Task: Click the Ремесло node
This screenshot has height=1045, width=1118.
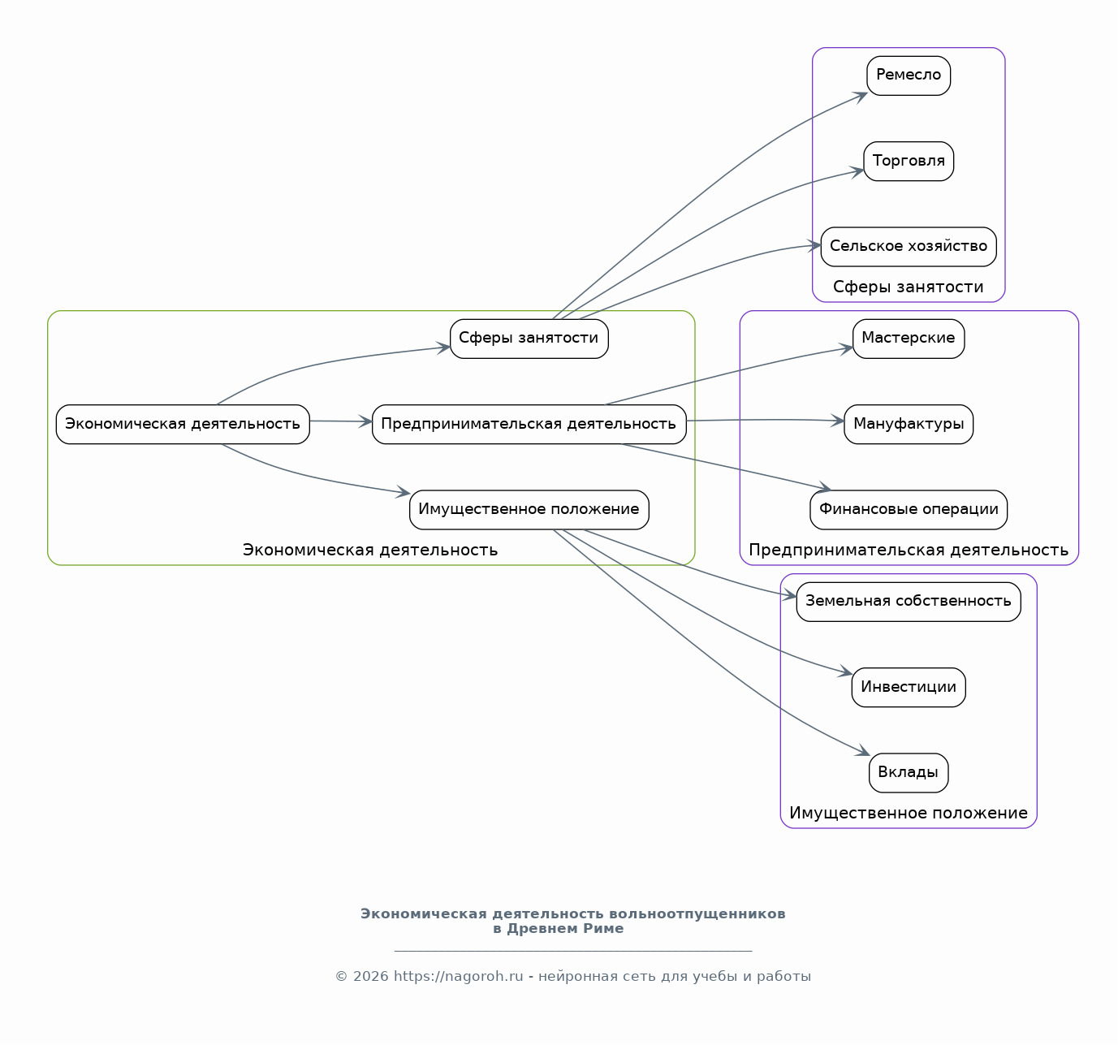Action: (x=908, y=76)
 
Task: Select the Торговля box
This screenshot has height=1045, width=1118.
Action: (x=908, y=161)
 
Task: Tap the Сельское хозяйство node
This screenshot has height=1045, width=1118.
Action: (x=908, y=247)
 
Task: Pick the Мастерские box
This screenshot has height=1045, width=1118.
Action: (x=908, y=339)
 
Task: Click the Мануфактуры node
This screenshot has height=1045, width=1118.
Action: (x=908, y=424)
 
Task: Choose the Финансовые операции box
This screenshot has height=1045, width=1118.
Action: (x=908, y=510)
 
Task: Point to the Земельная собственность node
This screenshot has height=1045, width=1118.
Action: (x=908, y=602)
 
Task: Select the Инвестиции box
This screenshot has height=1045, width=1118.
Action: (x=908, y=687)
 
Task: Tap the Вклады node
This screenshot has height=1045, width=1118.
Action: (x=908, y=772)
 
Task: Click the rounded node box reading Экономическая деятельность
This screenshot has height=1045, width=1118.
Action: (x=183, y=424)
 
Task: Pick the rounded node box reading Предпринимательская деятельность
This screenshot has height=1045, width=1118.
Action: (x=529, y=424)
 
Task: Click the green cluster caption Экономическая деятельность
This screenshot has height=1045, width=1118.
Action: (x=370, y=550)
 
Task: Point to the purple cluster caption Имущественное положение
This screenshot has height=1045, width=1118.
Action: (x=908, y=813)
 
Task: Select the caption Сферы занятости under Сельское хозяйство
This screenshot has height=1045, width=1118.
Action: (x=908, y=287)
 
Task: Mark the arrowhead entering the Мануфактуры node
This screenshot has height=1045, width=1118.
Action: (x=838, y=421)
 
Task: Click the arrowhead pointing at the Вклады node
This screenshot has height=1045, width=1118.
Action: (x=864, y=750)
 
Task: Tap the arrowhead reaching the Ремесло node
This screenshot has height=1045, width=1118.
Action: (x=860, y=97)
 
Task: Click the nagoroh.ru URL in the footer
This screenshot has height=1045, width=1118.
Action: (x=458, y=976)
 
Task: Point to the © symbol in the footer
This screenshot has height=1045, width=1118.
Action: (x=341, y=976)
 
